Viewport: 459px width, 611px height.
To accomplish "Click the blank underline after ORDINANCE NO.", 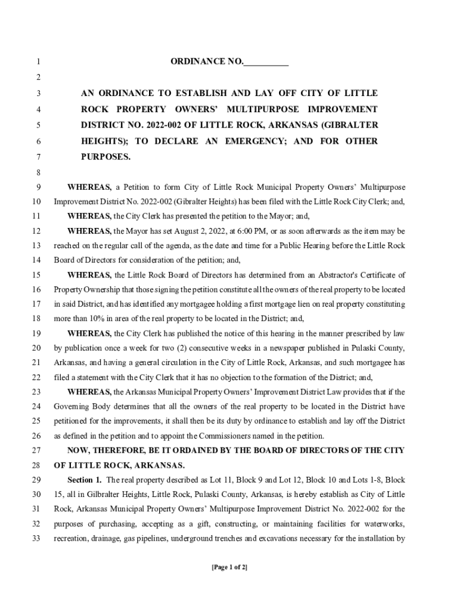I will (266, 63).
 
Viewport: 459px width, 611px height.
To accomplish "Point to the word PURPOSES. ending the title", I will (106, 157).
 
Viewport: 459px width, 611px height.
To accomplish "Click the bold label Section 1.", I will (84, 480).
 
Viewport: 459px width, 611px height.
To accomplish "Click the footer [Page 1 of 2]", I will (229, 567).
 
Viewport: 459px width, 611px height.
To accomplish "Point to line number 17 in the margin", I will (36, 304).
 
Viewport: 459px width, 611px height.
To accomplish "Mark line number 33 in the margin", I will (36, 538).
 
